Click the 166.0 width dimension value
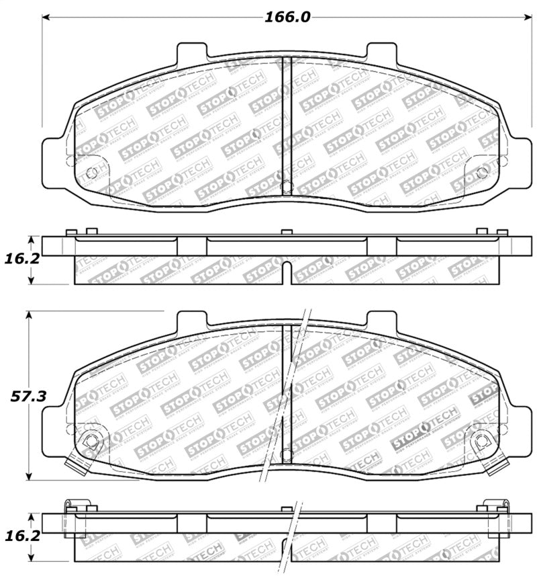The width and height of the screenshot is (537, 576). tap(287, 17)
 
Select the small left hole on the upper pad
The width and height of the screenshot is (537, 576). tap(93, 172)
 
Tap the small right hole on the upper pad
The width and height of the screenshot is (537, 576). tap(481, 172)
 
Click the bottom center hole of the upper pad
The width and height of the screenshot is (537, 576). tap(287, 187)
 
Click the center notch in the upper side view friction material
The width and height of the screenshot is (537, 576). tap(287, 272)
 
